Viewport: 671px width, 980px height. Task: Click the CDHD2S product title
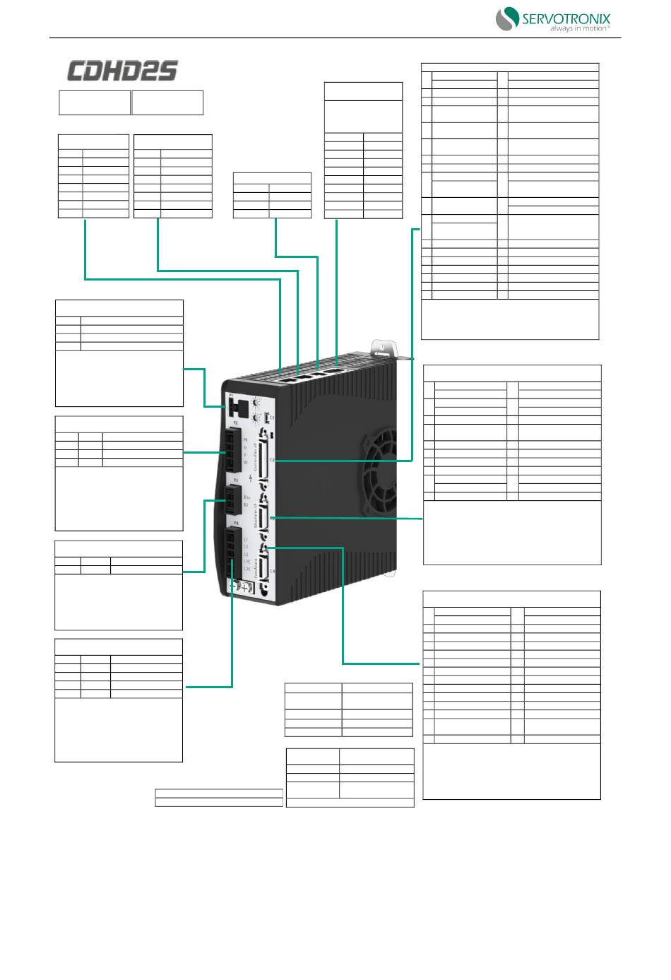pyautogui.click(x=122, y=71)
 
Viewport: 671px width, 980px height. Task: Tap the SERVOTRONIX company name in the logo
pyautogui.click(x=566, y=19)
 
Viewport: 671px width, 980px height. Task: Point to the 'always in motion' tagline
pyautogui.click(x=579, y=29)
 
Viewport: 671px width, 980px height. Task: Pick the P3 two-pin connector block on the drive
pyautogui.click(x=231, y=500)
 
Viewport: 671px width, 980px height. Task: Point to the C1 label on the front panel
pyautogui.click(x=273, y=418)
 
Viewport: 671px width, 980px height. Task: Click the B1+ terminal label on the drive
pyautogui.click(x=246, y=497)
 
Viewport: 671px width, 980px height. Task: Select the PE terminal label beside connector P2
pyautogui.click(x=246, y=440)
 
